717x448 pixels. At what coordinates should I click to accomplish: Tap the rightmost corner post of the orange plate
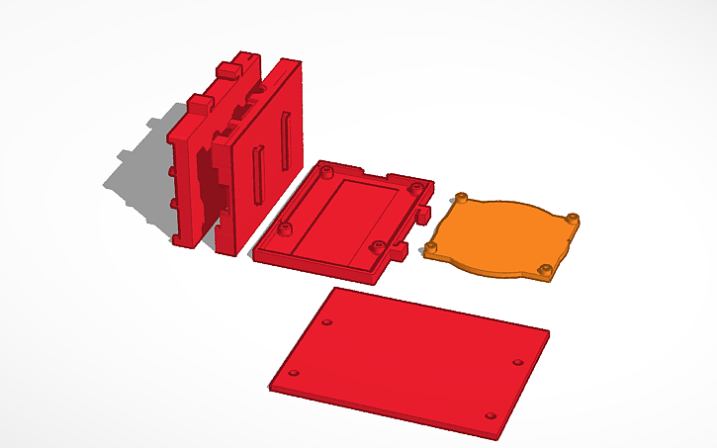(573, 218)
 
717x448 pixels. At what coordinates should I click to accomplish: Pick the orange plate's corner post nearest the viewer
(543, 270)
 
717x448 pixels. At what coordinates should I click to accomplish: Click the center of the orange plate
(502, 235)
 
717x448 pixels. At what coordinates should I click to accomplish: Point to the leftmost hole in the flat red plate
(293, 373)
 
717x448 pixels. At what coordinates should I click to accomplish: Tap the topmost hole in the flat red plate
(327, 322)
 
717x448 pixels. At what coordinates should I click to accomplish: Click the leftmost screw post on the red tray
(287, 229)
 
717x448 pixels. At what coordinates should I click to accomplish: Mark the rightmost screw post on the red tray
(412, 185)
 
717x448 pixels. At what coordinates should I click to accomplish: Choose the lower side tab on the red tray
(400, 254)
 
